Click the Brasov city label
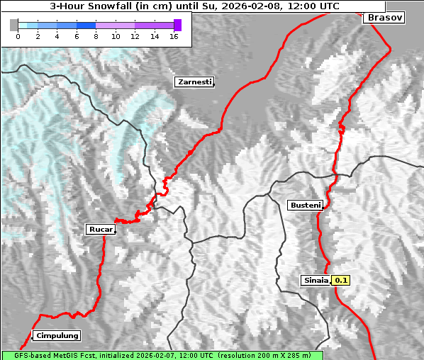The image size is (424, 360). (x=384, y=17)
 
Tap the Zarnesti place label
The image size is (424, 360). (x=194, y=82)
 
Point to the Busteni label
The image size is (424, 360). (x=305, y=206)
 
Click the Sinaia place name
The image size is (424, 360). (x=316, y=280)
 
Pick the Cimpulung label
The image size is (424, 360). (x=56, y=336)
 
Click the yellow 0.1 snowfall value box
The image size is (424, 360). (x=341, y=280)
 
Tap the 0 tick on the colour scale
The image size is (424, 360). (x=18, y=36)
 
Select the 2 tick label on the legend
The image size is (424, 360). (x=38, y=36)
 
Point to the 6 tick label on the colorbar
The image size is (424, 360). (x=77, y=36)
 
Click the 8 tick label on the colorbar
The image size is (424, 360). (x=96, y=36)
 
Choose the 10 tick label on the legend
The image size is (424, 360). (x=116, y=36)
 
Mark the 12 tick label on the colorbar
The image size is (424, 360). (x=135, y=36)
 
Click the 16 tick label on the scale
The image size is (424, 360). (x=174, y=36)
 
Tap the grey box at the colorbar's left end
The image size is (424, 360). (x=13, y=25)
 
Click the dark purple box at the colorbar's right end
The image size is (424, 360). (x=177, y=25)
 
